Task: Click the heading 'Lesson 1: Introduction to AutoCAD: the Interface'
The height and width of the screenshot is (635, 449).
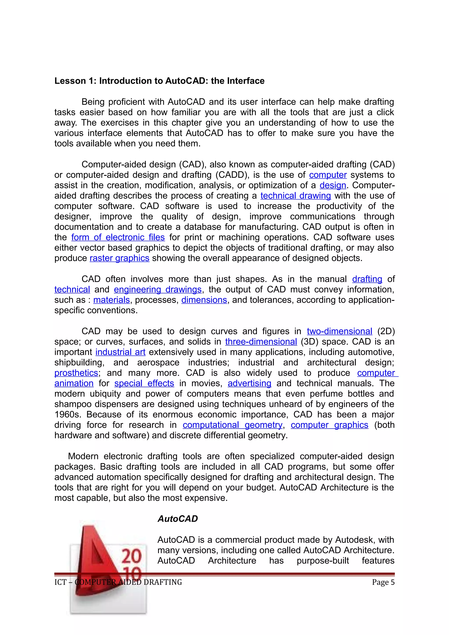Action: (159, 81)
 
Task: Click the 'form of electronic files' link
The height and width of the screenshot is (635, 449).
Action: (118, 237)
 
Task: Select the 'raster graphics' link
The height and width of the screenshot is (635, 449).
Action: (119, 258)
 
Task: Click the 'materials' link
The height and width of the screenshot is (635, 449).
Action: (112, 300)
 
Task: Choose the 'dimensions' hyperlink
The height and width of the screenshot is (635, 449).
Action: (204, 300)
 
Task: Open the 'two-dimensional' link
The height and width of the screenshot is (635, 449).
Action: (339, 331)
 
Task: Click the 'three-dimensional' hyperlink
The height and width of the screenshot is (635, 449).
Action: (261, 342)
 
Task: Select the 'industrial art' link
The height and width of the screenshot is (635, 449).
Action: (120, 352)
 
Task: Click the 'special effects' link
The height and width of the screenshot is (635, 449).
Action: (144, 383)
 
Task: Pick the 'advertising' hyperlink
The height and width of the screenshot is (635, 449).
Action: (249, 383)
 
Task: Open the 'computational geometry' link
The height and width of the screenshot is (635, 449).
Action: (232, 425)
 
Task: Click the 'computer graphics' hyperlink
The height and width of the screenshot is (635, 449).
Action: (329, 425)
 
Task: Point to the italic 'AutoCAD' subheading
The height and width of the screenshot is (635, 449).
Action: (178, 519)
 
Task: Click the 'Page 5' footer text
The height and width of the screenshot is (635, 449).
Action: (383, 582)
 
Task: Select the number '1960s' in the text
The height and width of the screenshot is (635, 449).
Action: (69, 415)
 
